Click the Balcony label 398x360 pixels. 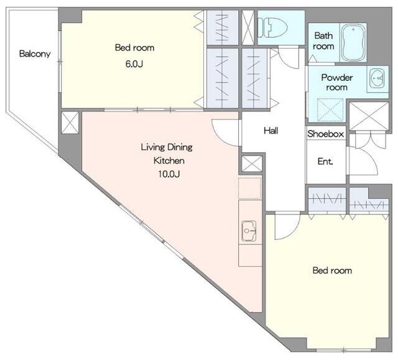pos(35,54)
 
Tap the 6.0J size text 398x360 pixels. pos(134,64)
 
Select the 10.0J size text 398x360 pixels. pos(169,174)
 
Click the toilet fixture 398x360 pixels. pos(272,27)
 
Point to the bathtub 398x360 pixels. pos(353,43)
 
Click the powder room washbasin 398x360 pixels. pos(377,78)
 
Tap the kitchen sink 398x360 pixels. pos(249,231)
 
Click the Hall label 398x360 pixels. pos(271,131)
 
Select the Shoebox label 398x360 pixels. pos(326,134)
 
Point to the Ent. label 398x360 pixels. pos(325,162)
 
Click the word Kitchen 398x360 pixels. pos(169,160)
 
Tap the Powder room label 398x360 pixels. pos(337,83)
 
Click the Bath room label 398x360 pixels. pos(323,41)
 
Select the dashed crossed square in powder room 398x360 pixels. pos(330,110)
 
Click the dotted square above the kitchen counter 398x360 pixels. pos(250,188)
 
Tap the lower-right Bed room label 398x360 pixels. pos(332,270)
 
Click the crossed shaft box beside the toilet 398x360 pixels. pos(248,27)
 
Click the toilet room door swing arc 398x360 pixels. pos(289,58)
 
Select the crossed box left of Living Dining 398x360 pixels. pos(70,122)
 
